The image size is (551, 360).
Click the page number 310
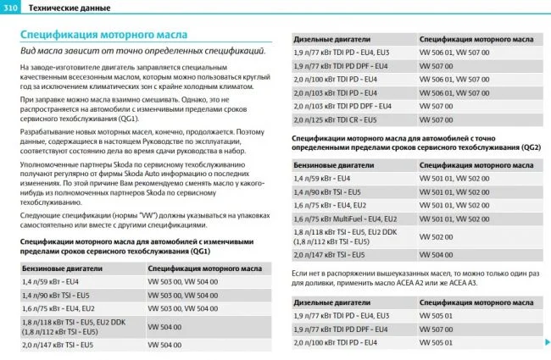point(11,8)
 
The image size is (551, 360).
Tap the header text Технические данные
point(64,8)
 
